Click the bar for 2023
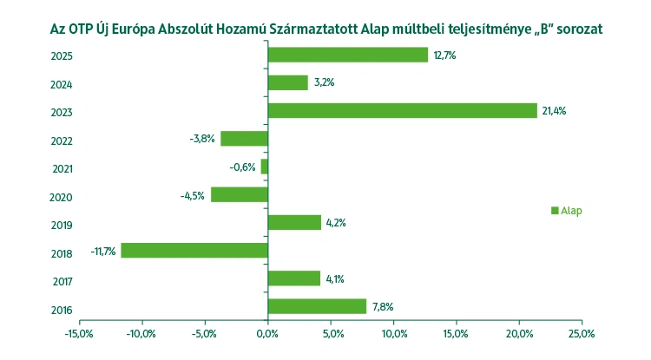402,110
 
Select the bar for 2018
194,251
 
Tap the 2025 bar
347,55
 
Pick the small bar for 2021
264,167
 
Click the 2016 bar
317,306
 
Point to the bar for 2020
239,194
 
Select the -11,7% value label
103,252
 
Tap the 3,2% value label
324,82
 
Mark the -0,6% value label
243,167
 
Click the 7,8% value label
383,307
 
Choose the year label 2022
62,141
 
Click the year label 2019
62,225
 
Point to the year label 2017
62,281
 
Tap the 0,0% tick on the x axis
267,333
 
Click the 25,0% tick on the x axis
581,333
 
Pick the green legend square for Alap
555,210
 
